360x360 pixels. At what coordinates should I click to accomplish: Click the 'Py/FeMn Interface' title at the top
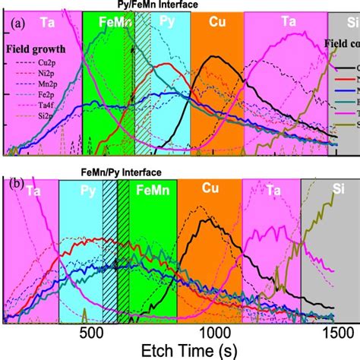153,5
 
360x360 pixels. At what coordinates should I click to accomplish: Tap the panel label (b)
15,183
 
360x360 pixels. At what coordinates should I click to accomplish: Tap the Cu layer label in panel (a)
216,23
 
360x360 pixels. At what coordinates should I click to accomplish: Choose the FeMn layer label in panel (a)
100,23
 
